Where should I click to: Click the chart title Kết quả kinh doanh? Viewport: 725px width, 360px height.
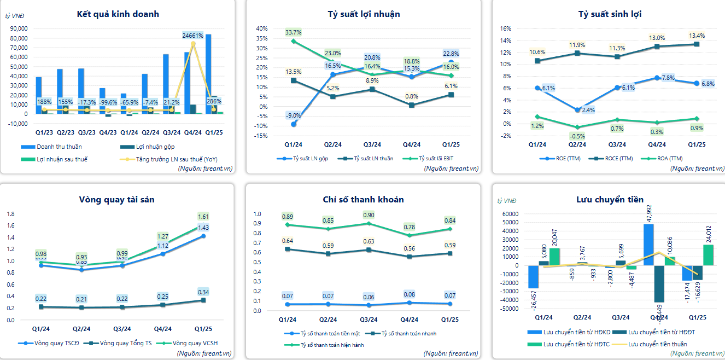point(118,14)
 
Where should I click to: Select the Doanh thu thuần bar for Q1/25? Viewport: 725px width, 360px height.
point(208,74)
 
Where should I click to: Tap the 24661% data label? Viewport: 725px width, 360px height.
point(193,36)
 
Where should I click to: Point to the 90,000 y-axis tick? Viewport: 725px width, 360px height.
point(19,28)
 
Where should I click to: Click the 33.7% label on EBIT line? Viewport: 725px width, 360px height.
point(294,32)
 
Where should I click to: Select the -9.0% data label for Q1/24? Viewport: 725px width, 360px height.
point(294,115)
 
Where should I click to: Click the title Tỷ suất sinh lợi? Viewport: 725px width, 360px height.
point(610,14)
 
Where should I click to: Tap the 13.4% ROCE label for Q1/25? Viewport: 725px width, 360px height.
point(696,36)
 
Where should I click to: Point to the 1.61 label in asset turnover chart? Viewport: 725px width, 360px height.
point(203,217)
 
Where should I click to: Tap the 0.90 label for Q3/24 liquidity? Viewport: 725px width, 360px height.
point(369,215)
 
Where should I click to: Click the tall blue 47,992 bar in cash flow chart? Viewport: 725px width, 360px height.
point(648,245)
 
